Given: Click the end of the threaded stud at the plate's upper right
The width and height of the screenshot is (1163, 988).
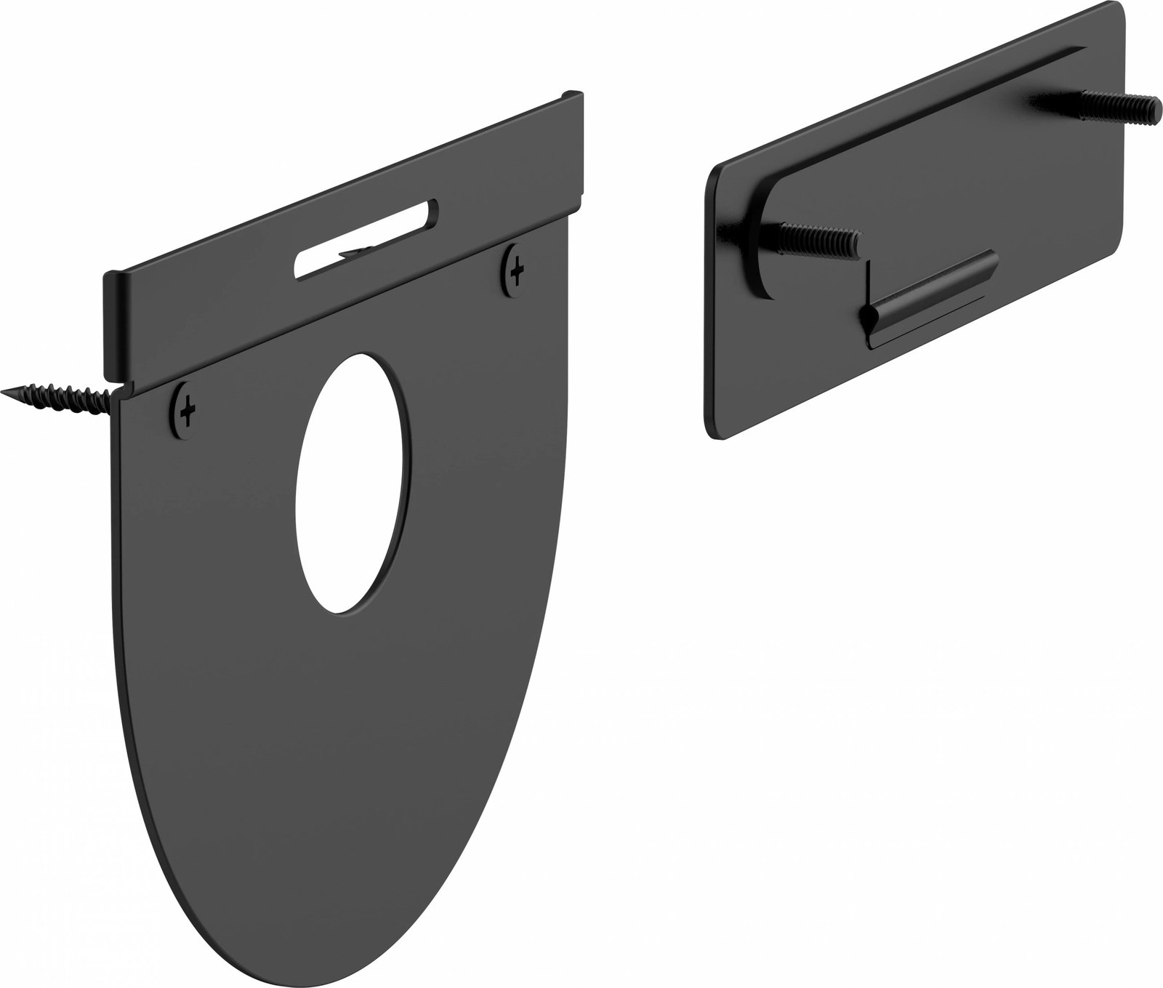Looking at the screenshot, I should coord(1156,108).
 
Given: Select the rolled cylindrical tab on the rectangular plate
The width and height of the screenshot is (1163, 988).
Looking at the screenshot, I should coord(930,294).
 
